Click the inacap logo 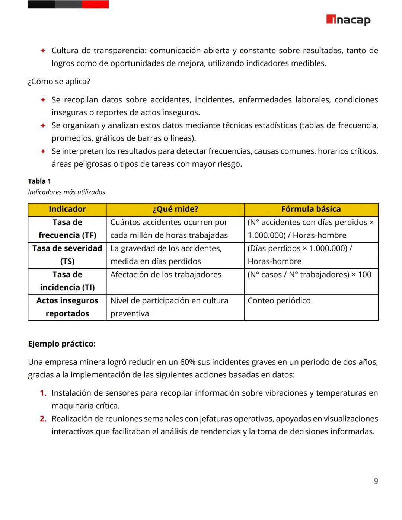348,20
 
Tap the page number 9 376,481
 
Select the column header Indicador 67,209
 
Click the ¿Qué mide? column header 175,209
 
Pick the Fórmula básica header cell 311,209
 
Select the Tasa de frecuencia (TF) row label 67,229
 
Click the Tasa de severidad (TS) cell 67,255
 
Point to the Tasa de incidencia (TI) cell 67,281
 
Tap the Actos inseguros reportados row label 67,307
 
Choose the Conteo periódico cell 279,301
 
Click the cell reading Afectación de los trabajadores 166,275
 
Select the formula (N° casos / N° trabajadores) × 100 309,275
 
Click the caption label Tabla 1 39,181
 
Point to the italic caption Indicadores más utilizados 67,192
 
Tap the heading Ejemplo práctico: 62,344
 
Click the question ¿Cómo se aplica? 59,82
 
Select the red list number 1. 43,393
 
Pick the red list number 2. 43,419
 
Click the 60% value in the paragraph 188,362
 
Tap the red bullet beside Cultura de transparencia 43,51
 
